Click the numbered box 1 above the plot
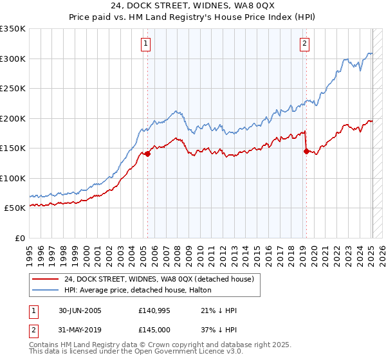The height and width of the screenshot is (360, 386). click(147, 44)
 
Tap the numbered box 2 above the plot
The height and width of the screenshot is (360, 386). click(304, 44)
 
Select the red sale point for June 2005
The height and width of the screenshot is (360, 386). click(148, 154)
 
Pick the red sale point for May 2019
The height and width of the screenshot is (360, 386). click(306, 151)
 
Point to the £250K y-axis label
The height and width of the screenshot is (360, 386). click(13, 89)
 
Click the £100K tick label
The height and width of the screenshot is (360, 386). click(13, 178)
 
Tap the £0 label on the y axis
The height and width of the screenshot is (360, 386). click(20, 238)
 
